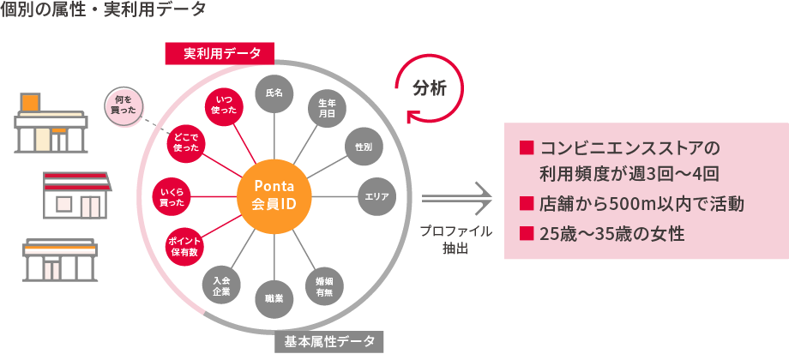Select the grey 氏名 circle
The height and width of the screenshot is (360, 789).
274,93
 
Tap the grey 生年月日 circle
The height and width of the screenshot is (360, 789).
327,107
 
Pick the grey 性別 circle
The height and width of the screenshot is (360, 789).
364,147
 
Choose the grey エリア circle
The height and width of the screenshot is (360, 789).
376,197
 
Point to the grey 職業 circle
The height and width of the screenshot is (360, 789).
274,300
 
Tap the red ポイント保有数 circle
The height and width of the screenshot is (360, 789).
185,247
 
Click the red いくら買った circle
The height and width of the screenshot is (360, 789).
172,197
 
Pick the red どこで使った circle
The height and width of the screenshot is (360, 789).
186,144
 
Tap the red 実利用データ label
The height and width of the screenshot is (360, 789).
219,54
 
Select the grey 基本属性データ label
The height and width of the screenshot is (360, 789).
329,341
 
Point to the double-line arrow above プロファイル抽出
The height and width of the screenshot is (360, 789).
456,200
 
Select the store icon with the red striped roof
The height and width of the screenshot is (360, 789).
76,195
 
